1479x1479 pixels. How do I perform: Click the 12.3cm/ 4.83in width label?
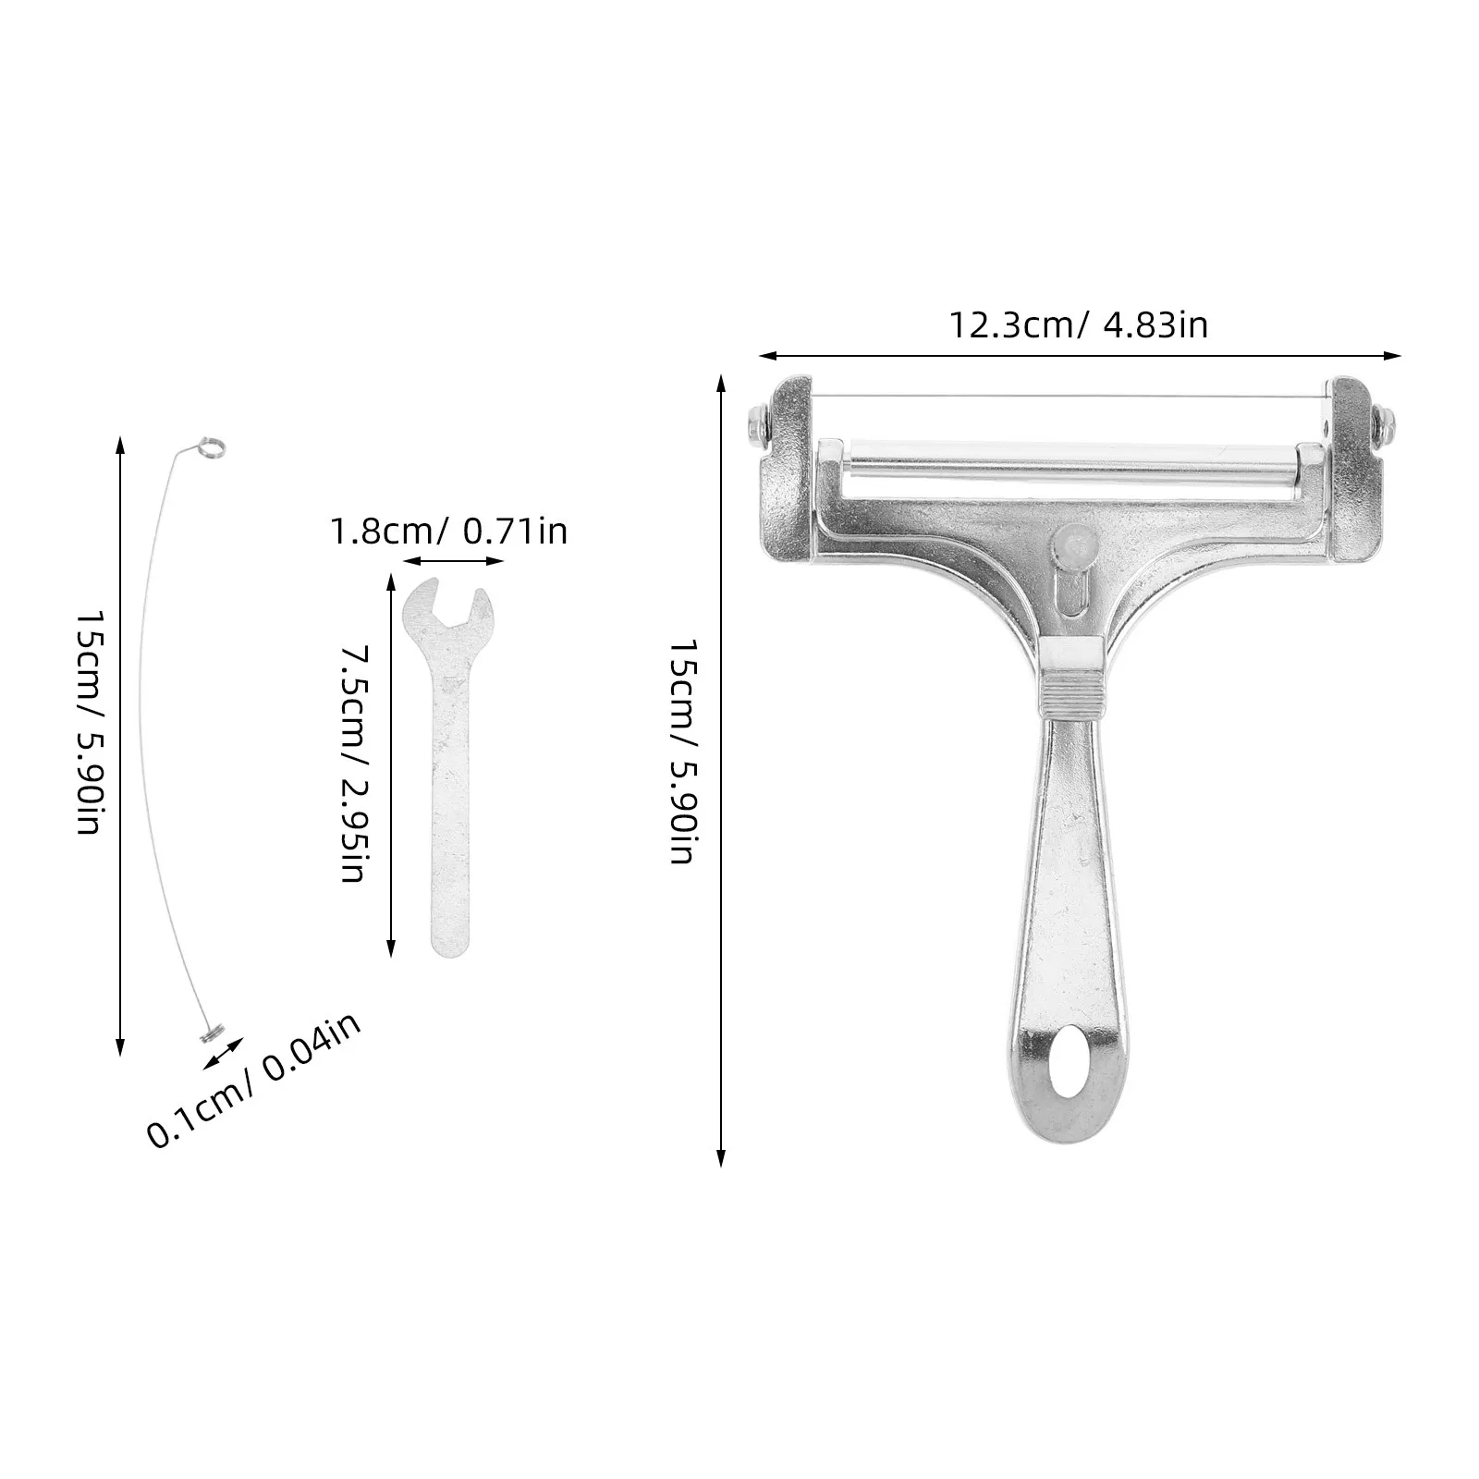[1079, 324]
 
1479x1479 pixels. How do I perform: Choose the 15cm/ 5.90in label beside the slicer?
[684, 751]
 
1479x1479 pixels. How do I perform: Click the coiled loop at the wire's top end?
[211, 447]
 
